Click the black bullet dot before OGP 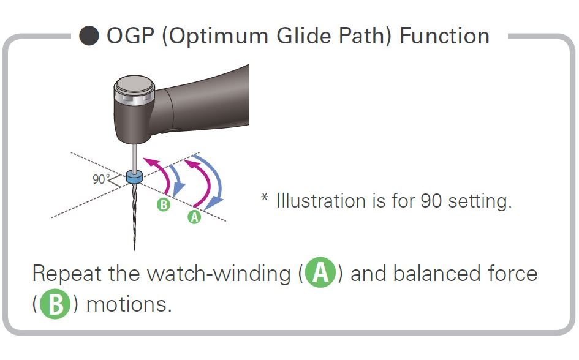click(x=89, y=36)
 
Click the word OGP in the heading click(x=131, y=36)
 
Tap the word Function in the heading click(x=445, y=36)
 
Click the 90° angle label click(x=99, y=179)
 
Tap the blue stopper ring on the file click(x=134, y=177)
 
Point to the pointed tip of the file click(x=134, y=249)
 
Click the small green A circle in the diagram click(x=194, y=217)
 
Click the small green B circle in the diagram click(x=163, y=204)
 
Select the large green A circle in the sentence click(x=320, y=272)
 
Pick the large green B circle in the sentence click(x=55, y=304)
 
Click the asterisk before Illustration click(x=265, y=197)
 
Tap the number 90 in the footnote click(x=431, y=201)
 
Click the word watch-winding click(x=219, y=274)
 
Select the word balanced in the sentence click(x=436, y=274)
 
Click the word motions click(x=129, y=305)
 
